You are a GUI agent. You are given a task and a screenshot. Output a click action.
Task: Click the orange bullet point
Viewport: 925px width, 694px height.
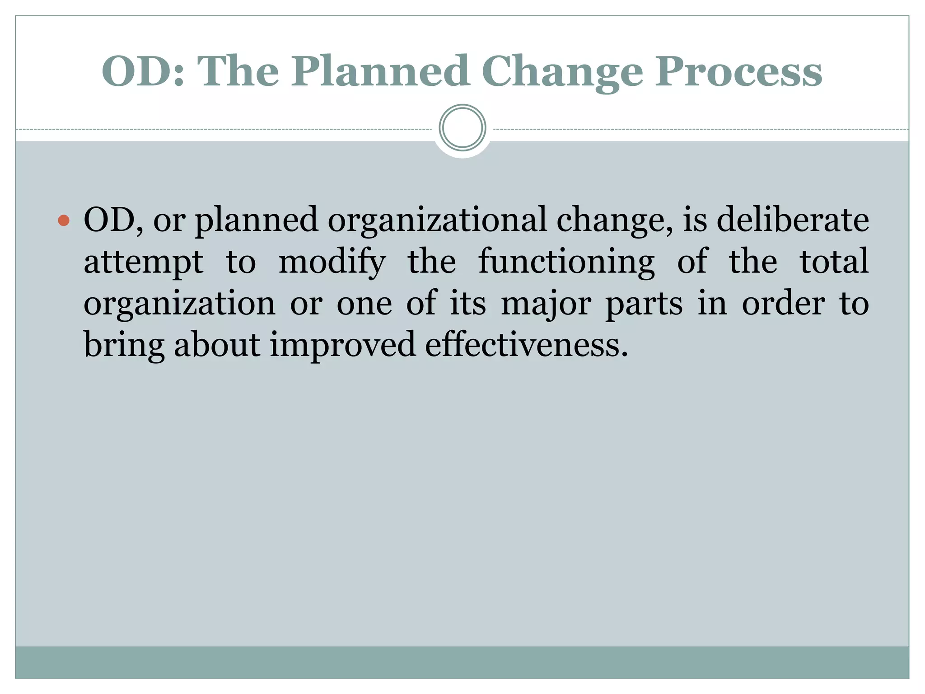coord(64,220)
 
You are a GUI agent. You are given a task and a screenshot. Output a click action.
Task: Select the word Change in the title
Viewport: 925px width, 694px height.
coord(562,72)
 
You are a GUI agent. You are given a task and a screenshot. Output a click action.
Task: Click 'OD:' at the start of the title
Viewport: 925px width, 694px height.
coord(143,71)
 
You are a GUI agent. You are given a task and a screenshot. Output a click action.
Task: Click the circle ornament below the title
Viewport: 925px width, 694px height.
coord(462,128)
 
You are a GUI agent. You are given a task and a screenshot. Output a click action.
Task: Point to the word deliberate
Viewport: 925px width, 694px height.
coord(793,220)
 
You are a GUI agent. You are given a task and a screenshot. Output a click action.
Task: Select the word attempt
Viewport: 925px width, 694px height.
coord(143,262)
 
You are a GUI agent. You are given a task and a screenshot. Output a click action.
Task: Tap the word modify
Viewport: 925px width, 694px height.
coord(332,262)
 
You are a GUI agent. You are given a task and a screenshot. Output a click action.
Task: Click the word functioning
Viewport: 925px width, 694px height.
coord(566,262)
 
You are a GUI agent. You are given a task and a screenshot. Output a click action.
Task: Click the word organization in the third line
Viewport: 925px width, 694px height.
coord(179,305)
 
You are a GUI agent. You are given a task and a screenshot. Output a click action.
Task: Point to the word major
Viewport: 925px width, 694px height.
coord(546,305)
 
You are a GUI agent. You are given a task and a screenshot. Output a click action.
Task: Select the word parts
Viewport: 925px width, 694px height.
coord(644,305)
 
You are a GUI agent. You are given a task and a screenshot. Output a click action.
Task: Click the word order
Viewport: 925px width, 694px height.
coord(783,304)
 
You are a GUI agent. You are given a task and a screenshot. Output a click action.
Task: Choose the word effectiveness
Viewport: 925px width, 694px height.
coord(526,345)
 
